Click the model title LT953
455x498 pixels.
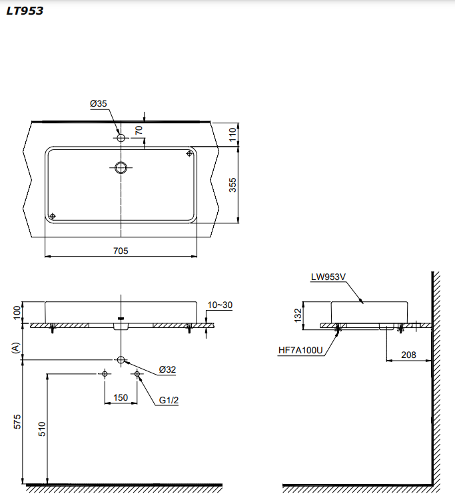25,11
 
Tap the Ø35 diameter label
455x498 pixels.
99,103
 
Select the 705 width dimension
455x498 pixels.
121,251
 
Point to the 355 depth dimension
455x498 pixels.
233,185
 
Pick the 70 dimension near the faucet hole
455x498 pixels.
139,131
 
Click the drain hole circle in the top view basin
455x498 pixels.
121,167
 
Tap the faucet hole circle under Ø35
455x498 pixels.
121,138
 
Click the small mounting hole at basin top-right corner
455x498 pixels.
189,154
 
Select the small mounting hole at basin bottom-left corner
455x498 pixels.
53,215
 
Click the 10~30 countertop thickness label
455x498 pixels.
221,305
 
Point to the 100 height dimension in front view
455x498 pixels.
17,312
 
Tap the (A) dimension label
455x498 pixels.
17,347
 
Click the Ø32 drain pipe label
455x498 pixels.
167,369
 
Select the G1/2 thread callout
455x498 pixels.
169,401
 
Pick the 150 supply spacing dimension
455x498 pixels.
121,397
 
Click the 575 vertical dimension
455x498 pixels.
17,421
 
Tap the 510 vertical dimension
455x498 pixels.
41,429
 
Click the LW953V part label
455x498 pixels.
328,278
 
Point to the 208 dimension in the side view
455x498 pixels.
408,355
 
